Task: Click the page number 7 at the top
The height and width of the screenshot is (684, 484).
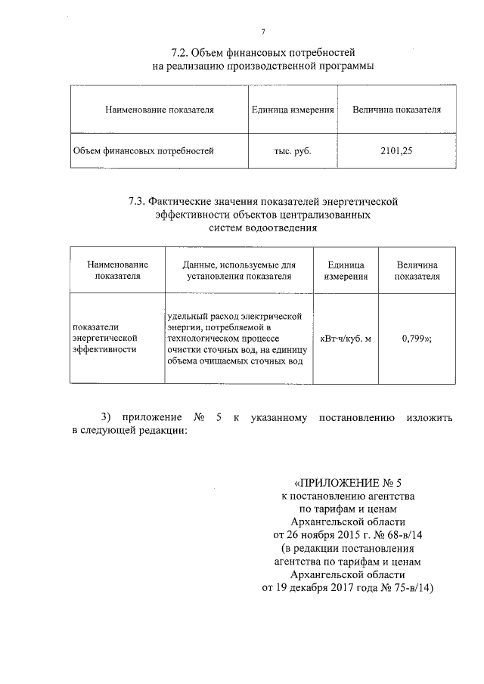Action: click(262, 31)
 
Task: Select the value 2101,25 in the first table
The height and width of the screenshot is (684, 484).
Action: click(396, 150)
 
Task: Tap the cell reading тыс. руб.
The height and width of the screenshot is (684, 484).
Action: click(293, 150)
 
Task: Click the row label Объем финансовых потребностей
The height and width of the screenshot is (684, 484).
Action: click(143, 150)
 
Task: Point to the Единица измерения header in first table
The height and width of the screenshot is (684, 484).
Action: click(293, 110)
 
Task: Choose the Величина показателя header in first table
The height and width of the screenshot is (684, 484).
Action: click(396, 110)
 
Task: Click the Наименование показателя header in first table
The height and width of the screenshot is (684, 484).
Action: click(160, 110)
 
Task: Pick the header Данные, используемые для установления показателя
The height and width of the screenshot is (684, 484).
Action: click(238, 271)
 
